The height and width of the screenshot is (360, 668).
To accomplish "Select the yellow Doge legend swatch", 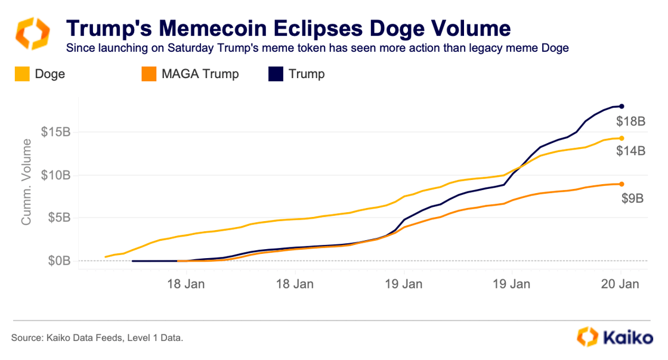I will (21, 74).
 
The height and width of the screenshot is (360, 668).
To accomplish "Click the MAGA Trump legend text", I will (200, 74).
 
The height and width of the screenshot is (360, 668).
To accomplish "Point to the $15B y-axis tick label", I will (56, 132).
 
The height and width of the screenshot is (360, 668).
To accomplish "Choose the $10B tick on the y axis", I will (56, 175).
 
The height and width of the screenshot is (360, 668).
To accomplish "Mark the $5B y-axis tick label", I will (59, 218).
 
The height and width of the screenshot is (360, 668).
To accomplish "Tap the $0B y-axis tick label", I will (59, 261).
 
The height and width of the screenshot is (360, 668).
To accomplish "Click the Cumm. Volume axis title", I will (26, 182).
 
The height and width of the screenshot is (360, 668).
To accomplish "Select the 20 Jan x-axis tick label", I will (621, 284).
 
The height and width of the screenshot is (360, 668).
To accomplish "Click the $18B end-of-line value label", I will (631, 122).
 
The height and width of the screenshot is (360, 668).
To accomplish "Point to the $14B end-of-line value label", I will (631, 151).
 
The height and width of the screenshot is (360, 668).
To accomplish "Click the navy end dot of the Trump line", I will (622, 106).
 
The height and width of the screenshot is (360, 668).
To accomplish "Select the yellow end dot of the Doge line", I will (621, 138).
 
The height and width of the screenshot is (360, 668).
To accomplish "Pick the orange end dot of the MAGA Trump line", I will (621, 184).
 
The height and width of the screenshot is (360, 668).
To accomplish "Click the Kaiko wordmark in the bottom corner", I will (626, 337).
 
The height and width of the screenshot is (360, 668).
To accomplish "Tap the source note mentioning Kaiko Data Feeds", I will (97, 338).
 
